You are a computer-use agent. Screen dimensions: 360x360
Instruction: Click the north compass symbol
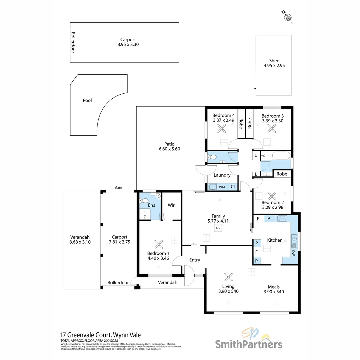(288, 17)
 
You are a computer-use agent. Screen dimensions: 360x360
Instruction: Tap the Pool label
(87, 100)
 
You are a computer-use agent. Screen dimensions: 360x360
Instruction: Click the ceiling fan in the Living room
(229, 277)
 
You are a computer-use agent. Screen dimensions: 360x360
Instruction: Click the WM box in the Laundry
(222, 187)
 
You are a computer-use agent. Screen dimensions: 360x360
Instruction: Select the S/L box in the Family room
(218, 228)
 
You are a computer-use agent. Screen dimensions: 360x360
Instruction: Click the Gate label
(119, 188)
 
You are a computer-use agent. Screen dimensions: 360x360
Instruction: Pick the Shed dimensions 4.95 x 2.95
(274, 66)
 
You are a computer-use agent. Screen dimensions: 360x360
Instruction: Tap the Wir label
(171, 205)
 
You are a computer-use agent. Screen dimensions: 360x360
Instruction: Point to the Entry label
(195, 260)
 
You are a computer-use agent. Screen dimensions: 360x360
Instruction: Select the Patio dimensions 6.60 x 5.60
(169, 149)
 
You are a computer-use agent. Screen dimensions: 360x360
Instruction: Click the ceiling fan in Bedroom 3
(272, 128)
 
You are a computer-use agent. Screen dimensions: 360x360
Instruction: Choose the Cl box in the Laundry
(233, 187)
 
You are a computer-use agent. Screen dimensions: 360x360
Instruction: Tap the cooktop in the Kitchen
(282, 219)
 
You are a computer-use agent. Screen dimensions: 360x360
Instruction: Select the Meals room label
(274, 287)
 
